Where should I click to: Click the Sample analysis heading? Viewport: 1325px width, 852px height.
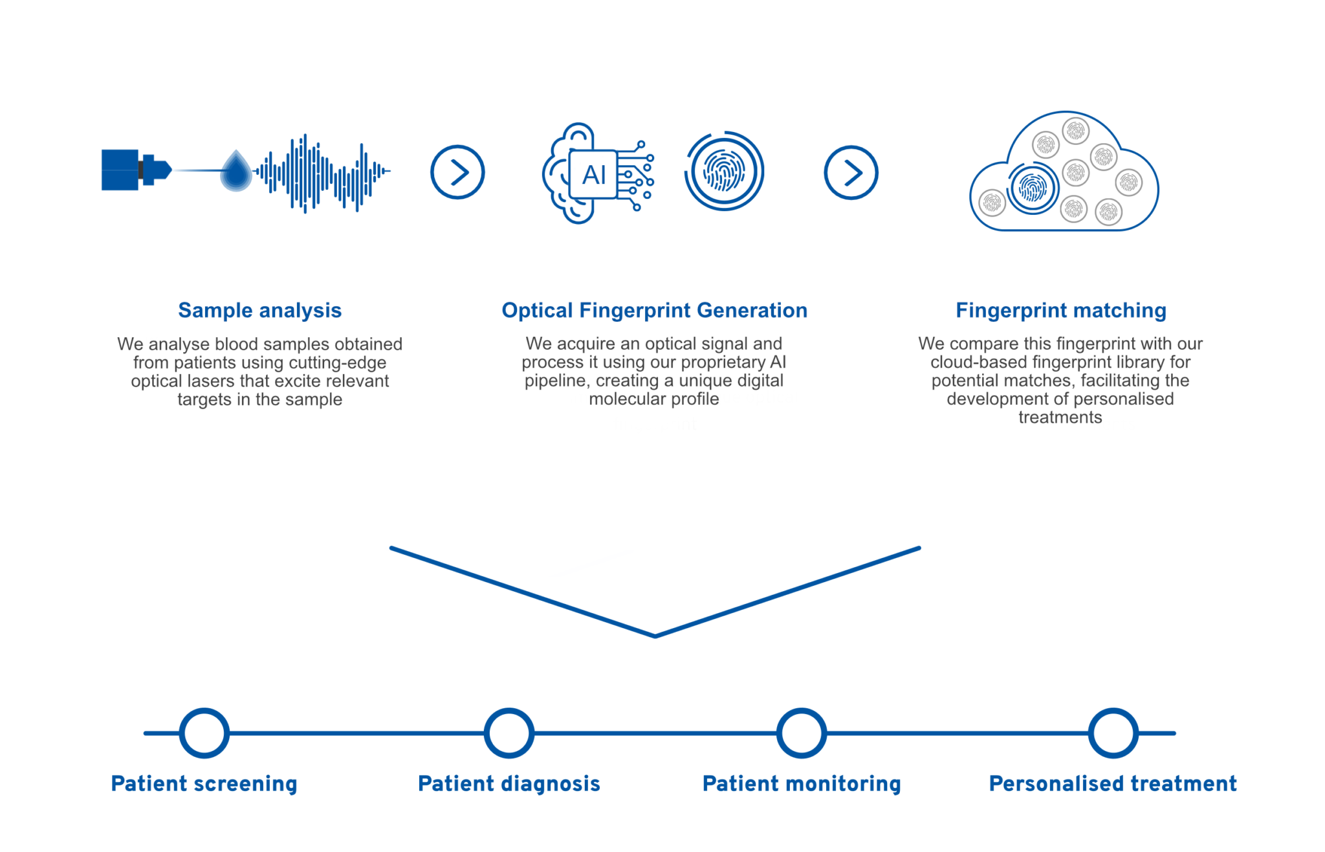259,311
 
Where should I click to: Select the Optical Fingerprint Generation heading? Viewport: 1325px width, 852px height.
654,311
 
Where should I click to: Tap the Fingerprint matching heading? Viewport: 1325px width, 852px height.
1061,311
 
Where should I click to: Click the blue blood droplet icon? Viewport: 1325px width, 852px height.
236,171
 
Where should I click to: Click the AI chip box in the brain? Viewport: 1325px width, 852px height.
593,174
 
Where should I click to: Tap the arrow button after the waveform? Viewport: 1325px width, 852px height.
457,172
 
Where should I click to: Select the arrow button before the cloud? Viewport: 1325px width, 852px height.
851,173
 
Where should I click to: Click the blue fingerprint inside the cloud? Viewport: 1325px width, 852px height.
1033,188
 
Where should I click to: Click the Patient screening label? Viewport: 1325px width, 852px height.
204,784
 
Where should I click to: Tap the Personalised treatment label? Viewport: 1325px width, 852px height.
1113,784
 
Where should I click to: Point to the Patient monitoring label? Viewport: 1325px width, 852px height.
802,784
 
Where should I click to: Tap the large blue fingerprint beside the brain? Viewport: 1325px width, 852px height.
724,172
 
